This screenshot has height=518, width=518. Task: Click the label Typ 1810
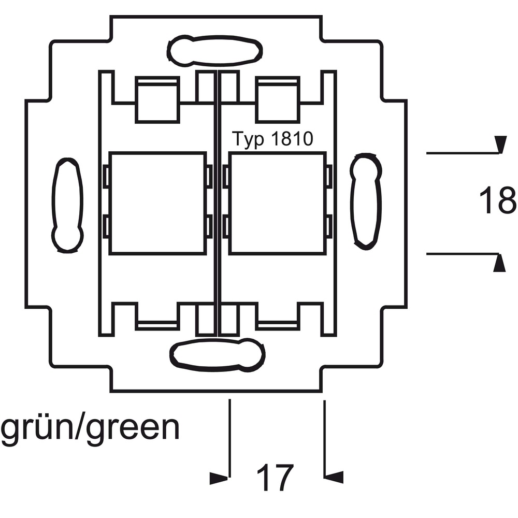coord(272,139)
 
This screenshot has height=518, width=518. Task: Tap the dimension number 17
coord(275,478)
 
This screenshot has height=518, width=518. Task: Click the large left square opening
coord(157,203)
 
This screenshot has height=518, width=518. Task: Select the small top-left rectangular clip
coord(157,100)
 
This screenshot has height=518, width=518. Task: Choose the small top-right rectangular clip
coord(278,100)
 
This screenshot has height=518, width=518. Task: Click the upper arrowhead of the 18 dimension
coord(500,144)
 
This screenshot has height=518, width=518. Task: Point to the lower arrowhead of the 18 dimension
coord(499,263)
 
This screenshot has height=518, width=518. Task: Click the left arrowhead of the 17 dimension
coord(219,478)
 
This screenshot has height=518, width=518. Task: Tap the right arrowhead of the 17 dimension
coord(334,477)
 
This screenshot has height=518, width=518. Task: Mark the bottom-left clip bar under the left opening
coord(157,325)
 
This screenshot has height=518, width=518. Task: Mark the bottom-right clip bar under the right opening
coord(278,325)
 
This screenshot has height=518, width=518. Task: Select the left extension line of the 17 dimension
coord(229,438)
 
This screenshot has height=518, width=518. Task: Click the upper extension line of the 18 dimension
coord(463,153)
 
